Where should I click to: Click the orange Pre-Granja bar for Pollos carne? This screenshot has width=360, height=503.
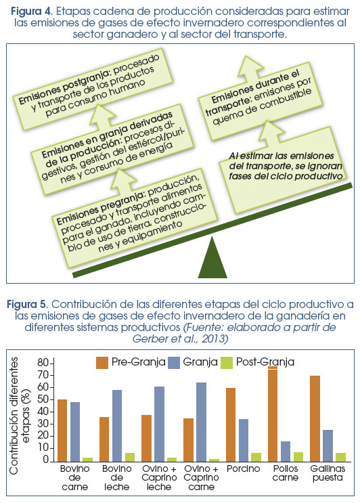pyautogui.click(x=273, y=414)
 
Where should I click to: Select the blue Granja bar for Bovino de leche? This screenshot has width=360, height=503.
pyautogui.click(x=116, y=426)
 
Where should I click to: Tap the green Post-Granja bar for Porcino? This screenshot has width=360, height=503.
pyautogui.click(x=256, y=457)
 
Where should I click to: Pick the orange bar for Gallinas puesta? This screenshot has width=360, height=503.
pyautogui.click(x=315, y=418)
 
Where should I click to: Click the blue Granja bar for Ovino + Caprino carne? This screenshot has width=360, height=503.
pyautogui.click(x=201, y=422)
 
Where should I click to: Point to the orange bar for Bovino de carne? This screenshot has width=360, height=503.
pyautogui.click(x=62, y=431)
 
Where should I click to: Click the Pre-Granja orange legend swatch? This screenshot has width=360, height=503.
pyautogui.click(x=102, y=362)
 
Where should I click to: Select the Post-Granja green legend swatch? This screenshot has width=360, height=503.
pyautogui.click(x=227, y=362)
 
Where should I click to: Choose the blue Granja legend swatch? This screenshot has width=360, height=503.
pyautogui.click(x=174, y=362)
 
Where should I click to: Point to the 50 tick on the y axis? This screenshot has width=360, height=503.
pyautogui.click(x=53, y=399)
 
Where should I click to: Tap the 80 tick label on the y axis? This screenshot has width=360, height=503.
pyautogui.click(x=43, y=363)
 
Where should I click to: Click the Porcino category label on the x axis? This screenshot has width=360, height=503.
pyautogui.click(x=244, y=468)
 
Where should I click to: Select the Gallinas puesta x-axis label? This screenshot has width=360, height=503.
pyautogui.click(x=328, y=473)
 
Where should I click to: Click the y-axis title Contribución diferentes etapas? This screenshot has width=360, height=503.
pyautogui.click(x=19, y=416)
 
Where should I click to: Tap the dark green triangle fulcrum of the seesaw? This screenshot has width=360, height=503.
pyautogui.click(x=212, y=257)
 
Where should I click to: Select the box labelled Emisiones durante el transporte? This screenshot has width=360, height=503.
pyautogui.click(x=260, y=102)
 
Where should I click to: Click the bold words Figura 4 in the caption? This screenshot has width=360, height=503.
pyautogui.click(x=30, y=12)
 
